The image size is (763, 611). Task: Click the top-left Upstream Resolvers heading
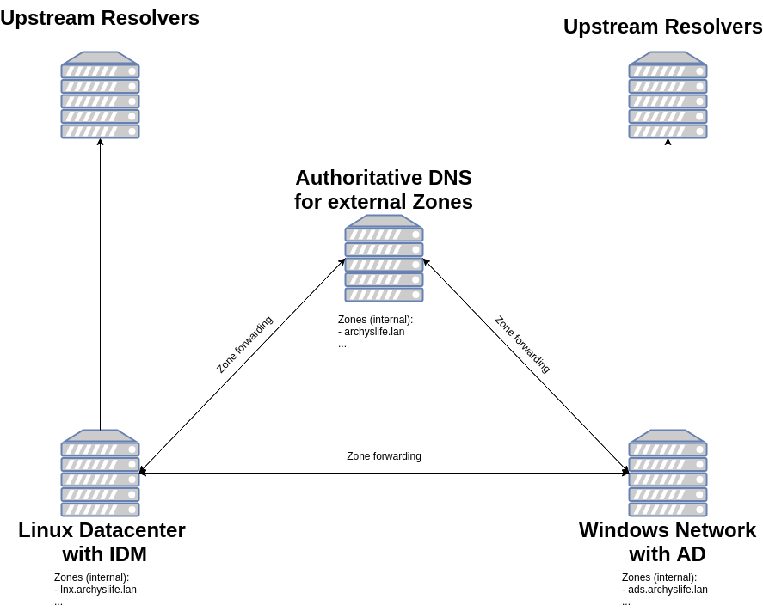100,18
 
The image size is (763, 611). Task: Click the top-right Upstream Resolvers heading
662,27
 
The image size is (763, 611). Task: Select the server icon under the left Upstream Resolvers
100,95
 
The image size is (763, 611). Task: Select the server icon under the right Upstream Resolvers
668,95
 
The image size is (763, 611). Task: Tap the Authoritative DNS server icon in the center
384,258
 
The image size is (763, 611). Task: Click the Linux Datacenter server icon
100,473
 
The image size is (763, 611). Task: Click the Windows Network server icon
668,473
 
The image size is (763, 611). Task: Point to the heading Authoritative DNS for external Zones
384,190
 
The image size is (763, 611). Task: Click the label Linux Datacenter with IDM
102,542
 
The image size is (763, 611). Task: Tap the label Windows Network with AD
668,542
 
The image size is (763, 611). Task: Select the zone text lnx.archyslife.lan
98,590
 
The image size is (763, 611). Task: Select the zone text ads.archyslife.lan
668,590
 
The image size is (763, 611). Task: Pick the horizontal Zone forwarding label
384,456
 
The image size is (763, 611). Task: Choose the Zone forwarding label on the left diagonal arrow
244,345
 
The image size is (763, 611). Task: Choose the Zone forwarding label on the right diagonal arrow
522,345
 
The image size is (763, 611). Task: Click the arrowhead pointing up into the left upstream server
100,142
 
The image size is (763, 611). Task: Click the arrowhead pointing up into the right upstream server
668,142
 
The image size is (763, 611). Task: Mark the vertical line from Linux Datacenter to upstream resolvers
100,284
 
